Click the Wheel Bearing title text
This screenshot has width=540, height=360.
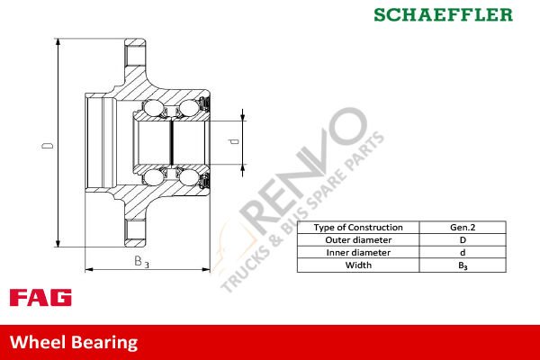coord(74,342)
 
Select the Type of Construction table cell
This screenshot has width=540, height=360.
coord(357,228)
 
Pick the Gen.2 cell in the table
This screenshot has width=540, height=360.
coord(463,228)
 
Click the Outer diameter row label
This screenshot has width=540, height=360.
coord(357,240)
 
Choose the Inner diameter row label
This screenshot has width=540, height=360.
coord(357,253)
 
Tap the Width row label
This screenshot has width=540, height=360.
coord(357,265)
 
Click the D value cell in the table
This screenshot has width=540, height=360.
coord(463,240)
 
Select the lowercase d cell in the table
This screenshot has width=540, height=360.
coord(463,253)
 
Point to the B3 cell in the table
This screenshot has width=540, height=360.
coord(463,265)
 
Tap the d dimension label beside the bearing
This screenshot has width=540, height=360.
coord(233,142)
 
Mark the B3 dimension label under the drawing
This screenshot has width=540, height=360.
coord(140,262)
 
